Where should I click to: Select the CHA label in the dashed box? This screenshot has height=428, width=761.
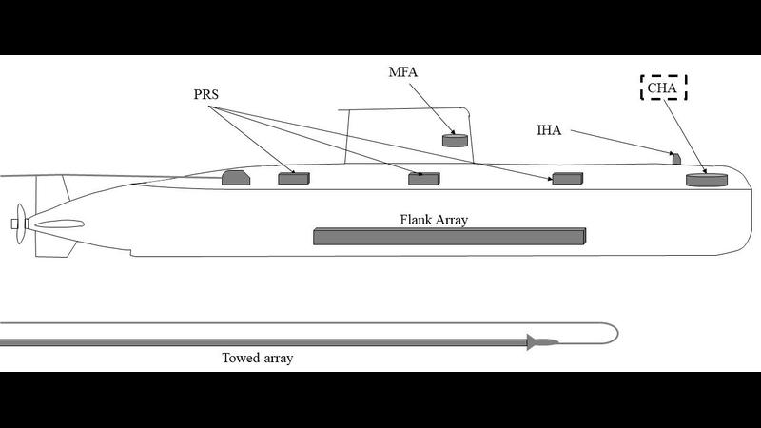tap(663, 88)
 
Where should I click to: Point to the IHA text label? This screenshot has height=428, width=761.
tap(547, 130)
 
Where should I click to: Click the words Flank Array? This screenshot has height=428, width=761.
tap(434, 219)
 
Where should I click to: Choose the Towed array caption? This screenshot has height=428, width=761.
tap(258, 359)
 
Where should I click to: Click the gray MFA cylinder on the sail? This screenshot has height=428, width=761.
tap(457, 141)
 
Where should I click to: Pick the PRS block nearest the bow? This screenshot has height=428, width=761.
tap(567, 178)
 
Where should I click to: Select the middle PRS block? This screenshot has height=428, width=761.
tap(423, 178)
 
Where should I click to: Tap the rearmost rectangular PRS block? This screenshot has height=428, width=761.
tap(293, 178)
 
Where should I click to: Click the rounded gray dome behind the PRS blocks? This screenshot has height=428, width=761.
tap(235, 177)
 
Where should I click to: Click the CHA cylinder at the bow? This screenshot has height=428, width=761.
tap(706, 180)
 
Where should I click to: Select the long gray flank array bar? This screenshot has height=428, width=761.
tap(449, 236)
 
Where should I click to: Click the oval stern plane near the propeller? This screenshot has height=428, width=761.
tap(58, 225)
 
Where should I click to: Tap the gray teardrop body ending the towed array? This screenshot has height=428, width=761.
tap(542, 342)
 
